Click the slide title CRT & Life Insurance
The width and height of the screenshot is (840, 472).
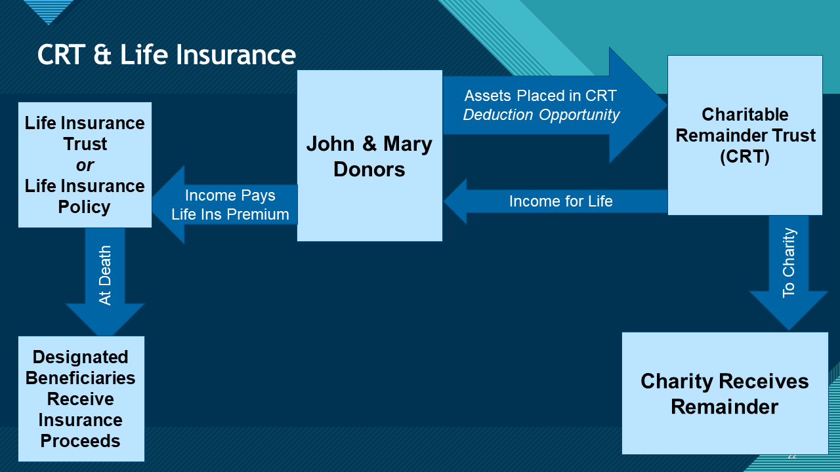167,54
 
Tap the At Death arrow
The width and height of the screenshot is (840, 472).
105,275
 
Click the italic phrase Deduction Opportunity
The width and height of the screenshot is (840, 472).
541,115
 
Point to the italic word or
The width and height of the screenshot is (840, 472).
85,165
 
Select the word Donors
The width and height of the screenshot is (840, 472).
369,169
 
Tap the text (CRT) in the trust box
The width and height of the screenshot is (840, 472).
745,157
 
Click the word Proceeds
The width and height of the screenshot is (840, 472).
81,441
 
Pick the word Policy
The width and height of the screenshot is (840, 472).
85,206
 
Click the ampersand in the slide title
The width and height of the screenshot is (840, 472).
102,55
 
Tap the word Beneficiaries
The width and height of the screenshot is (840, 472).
81,378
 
